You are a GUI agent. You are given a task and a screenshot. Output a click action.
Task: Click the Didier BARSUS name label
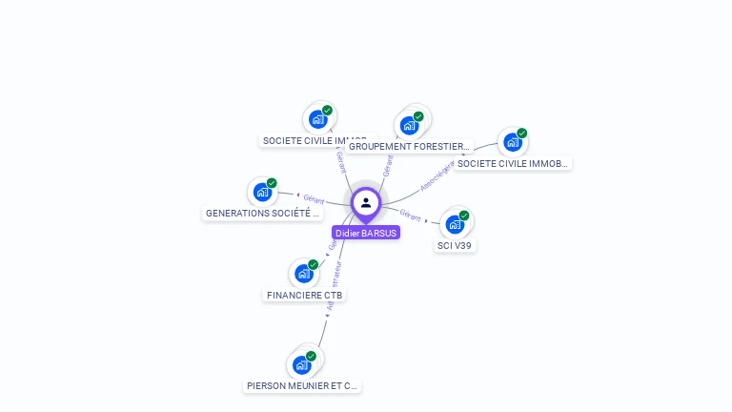pyautogui.click(x=366, y=233)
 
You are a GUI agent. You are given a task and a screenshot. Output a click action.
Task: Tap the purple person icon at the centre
pyautogui.click(x=366, y=202)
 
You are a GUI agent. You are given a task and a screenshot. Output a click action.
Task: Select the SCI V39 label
pyautogui.click(x=455, y=245)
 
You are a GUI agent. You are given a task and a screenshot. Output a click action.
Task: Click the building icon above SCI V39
pyautogui.click(x=455, y=225)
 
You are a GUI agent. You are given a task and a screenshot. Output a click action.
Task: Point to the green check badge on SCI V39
pyautogui.click(x=464, y=216)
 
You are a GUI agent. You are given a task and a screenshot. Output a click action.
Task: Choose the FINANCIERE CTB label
pyautogui.click(x=305, y=295)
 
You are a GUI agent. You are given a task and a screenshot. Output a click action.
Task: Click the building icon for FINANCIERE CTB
pyautogui.click(x=303, y=275)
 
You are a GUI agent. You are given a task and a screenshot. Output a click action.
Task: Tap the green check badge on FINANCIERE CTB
pyautogui.click(x=313, y=265)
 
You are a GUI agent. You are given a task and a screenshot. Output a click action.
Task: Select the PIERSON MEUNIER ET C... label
pyautogui.click(x=302, y=386)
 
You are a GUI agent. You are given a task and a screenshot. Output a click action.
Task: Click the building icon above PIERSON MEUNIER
pyautogui.click(x=301, y=365)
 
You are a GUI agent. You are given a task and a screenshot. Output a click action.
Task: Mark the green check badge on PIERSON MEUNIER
pyautogui.click(x=311, y=356)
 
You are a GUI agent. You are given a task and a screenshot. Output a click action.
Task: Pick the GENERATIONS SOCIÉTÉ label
pyautogui.click(x=263, y=214)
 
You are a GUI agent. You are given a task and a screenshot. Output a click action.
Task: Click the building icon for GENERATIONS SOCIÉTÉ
pyautogui.click(x=262, y=193)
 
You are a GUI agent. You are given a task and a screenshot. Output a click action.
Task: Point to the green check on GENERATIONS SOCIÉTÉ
pyautogui.click(x=272, y=183)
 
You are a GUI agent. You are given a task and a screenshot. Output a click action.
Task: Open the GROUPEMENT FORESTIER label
pyautogui.click(x=409, y=147)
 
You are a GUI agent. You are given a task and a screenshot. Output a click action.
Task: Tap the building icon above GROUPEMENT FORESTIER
pyautogui.click(x=409, y=126)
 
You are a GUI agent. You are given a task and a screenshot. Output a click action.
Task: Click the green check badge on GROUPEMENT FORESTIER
pyautogui.click(x=418, y=116)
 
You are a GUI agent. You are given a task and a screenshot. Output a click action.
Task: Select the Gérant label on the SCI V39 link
pyautogui.click(x=411, y=214)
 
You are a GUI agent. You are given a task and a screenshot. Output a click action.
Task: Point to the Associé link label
pyautogui.click(x=436, y=176)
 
